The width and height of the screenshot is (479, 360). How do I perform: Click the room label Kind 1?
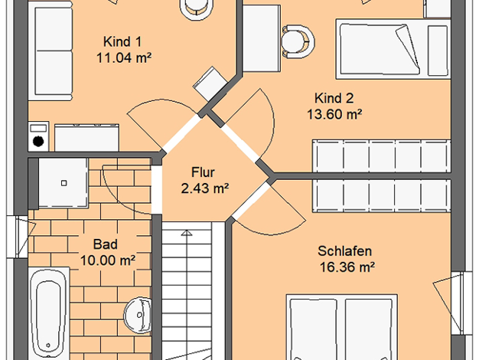coord(122,42)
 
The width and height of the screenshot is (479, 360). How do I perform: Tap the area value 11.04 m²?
coord(124,57)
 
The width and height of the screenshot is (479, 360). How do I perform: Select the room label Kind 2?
coord(334,99)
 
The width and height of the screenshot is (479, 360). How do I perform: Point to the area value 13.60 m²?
coord(334,114)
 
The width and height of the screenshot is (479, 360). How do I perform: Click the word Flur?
coord(203,172)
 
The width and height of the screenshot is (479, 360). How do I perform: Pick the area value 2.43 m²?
coord(205,188)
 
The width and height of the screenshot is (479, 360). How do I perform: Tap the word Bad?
coord(105,244)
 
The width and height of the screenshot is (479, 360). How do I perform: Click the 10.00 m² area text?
coord(108,260)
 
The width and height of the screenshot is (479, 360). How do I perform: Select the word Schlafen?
coord(344,251)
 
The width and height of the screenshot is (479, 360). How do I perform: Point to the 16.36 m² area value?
coord(347,267)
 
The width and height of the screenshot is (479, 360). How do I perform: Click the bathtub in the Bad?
coord(49,314)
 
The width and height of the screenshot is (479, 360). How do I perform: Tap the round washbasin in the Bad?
coord(138,315)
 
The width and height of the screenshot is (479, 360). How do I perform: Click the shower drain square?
coord(64,183)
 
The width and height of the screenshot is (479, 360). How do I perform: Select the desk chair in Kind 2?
coord(298,41)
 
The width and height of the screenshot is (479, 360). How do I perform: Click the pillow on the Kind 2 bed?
coord(438,51)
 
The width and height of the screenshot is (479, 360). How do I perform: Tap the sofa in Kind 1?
coord(51,51)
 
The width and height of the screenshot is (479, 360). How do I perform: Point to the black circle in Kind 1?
coord(38,141)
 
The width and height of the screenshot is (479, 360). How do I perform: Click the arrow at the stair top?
coord(187,233)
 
